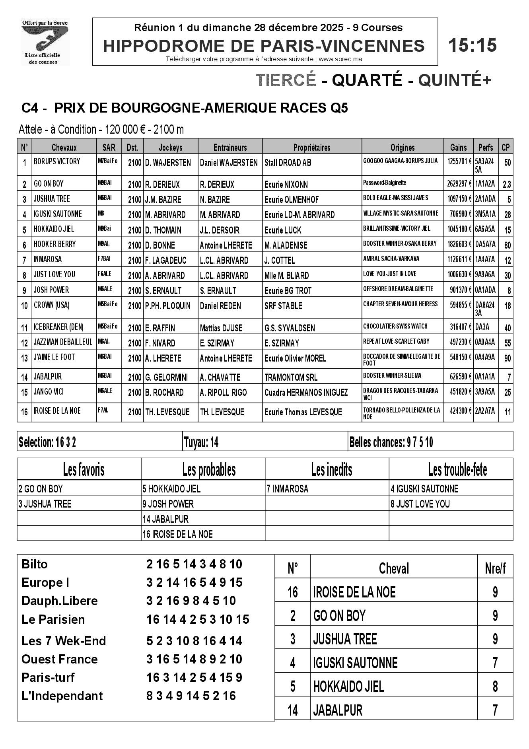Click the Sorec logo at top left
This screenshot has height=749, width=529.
coord(45,42)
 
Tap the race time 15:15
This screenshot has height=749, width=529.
coord(472,45)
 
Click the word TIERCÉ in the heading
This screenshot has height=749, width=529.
coord(286,80)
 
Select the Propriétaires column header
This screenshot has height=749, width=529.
coord(311,148)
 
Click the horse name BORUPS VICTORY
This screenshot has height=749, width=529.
coord(57,161)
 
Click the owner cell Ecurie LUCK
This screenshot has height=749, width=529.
coord(283,230)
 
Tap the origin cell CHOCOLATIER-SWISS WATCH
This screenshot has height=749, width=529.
coord(395,326)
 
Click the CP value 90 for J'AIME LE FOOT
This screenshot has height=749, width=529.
coord(507,358)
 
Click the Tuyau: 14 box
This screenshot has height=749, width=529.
coord(201,442)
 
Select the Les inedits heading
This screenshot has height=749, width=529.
coord(331,470)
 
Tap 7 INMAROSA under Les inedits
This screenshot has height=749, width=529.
coord(287,489)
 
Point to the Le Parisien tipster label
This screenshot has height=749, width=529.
coord(53,619)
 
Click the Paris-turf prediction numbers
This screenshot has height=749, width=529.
coord(194,677)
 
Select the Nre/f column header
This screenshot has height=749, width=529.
coord(495,568)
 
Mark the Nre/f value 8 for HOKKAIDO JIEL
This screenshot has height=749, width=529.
coord(495,686)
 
